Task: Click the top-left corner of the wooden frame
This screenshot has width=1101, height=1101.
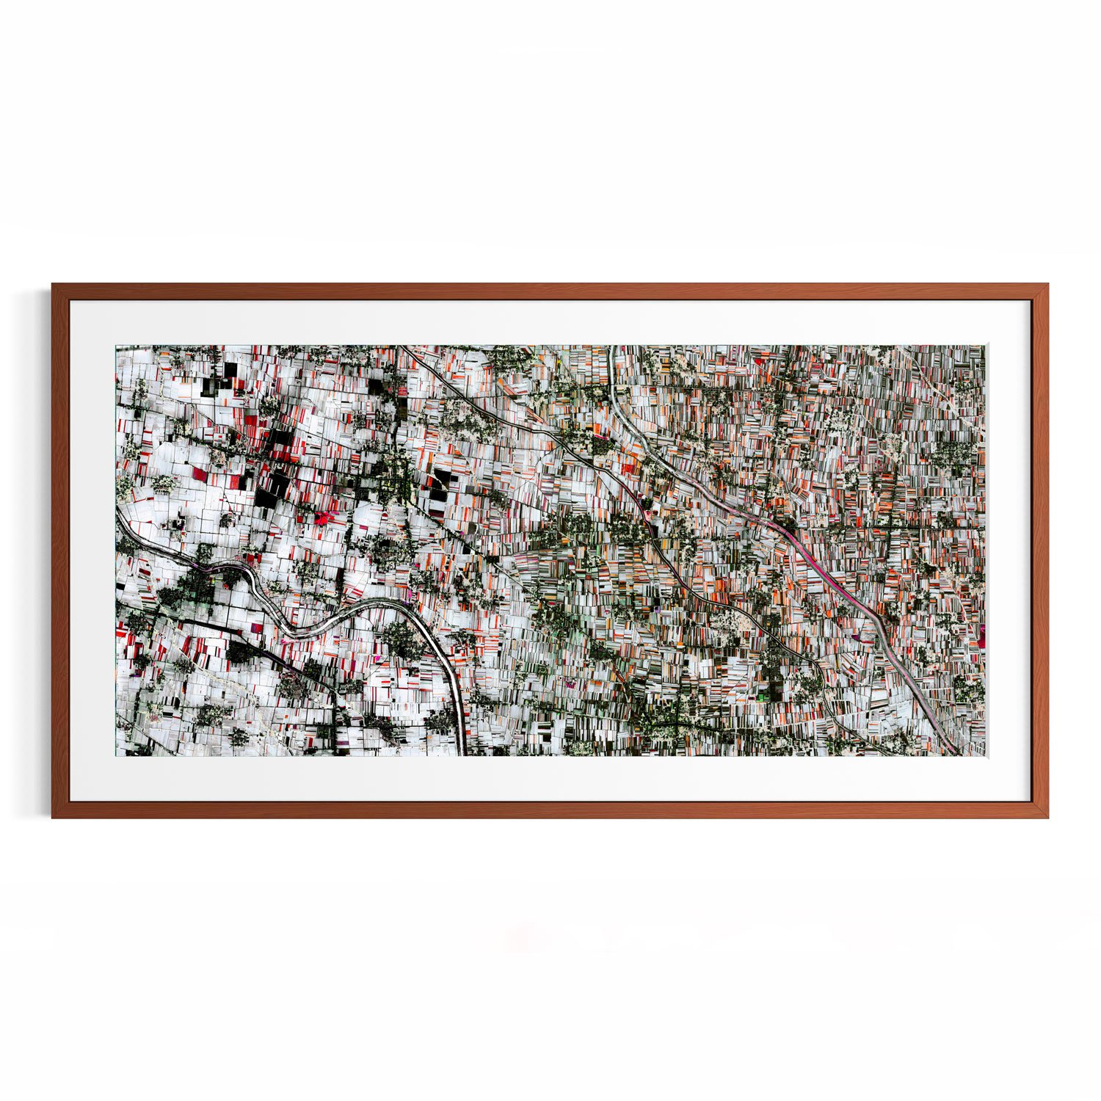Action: [53, 285]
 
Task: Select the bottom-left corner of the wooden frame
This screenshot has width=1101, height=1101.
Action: [53, 816]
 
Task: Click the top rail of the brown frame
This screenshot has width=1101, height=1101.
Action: [550, 291]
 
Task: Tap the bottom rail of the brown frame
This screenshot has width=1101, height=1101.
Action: [550, 810]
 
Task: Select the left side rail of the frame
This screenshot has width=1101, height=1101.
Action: [60, 550]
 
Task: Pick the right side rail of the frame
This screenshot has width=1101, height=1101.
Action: [1040, 550]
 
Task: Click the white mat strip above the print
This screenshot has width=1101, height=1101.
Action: [550, 323]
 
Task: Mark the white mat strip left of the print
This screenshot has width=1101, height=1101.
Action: [92, 550]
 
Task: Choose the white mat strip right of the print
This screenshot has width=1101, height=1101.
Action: [1009, 550]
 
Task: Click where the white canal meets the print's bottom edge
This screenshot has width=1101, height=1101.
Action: [462, 753]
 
